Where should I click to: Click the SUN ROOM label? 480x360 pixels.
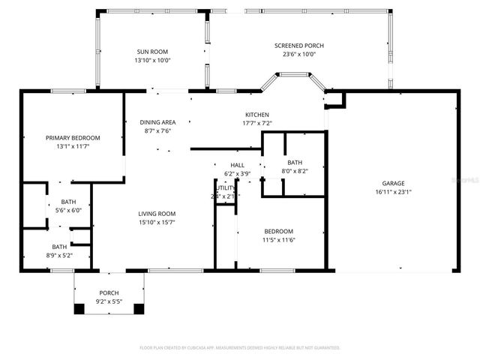(153, 52)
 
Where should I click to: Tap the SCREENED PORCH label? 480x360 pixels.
(298, 46)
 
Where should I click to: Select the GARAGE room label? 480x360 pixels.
(393, 184)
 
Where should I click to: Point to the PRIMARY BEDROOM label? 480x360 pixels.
(73, 138)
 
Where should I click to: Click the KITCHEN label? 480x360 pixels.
(256, 115)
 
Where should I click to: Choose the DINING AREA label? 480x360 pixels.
(157, 122)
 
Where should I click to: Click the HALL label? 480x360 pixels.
(237, 165)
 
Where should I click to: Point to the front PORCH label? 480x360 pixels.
(109, 293)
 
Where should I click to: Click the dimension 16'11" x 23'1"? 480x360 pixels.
(393, 192)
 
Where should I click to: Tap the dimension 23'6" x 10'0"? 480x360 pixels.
(298, 54)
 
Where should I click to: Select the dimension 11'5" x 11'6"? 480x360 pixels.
(278, 239)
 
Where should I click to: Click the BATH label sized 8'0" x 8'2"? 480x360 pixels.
(294, 163)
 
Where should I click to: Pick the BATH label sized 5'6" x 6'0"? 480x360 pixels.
(68, 202)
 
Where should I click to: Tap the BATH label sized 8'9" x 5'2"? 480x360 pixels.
(58, 247)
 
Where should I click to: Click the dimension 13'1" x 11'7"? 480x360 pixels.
(73, 146)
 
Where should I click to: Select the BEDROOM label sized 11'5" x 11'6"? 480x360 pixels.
(278, 231)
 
